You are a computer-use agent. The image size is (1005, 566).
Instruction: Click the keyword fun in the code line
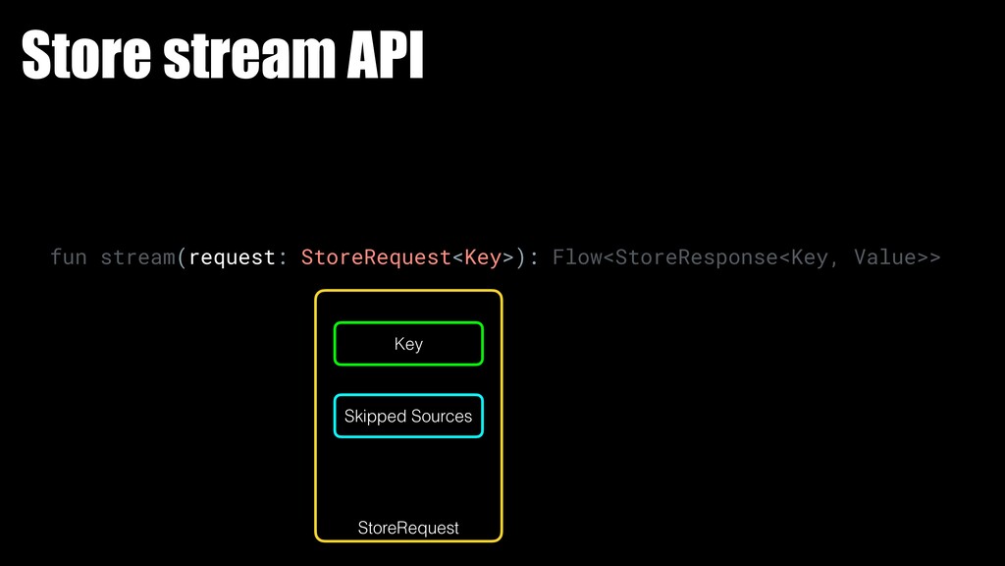coord(69,257)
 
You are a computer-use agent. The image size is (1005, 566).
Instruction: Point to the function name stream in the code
coord(138,257)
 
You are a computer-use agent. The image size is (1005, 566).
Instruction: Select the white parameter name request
coord(233,257)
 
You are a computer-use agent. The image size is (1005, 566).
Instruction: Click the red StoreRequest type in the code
coord(376,257)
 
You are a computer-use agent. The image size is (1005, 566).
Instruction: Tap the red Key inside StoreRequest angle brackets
coord(483,257)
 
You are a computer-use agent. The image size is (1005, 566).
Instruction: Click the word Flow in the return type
coord(577,257)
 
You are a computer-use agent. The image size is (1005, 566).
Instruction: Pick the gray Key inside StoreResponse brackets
coord(809,257)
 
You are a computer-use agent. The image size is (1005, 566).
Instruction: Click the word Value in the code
coord(885,257)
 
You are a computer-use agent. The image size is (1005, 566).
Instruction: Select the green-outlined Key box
coord(408,344)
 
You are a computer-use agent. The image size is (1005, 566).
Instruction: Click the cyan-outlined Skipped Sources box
coord(408,417)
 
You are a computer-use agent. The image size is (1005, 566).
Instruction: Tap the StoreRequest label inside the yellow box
coord(408,529)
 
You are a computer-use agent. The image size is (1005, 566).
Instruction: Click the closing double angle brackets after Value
coord(929,257)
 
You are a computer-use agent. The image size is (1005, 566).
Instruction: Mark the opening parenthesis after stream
coord(183,257)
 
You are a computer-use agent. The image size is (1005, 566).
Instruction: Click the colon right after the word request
coord(284,257)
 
